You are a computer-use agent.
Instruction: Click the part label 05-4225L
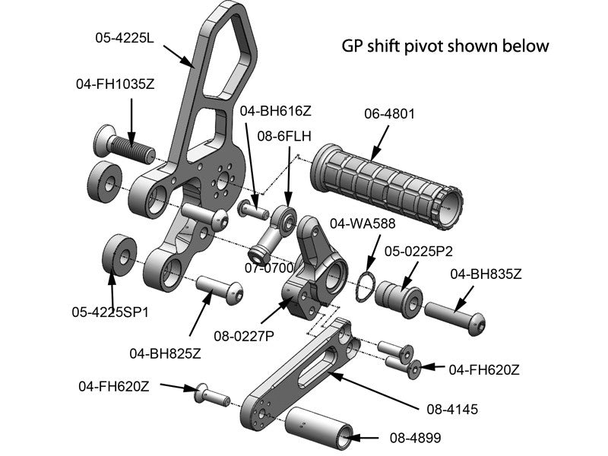(125, 37)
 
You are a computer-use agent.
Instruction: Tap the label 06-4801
(389, 115)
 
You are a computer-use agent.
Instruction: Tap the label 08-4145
(452, 409)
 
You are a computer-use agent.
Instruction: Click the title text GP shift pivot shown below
(445, 46)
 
